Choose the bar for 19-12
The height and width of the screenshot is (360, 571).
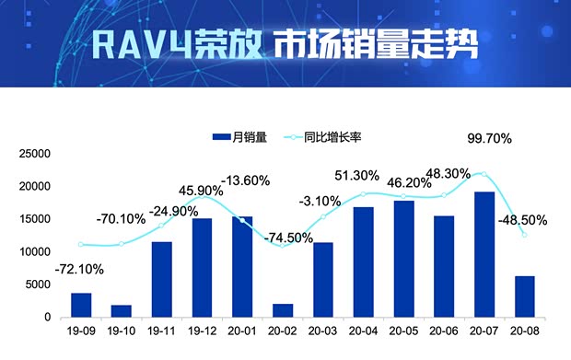pyautogui.click(x=202, y=268)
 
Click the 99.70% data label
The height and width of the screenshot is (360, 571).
pyautogui.click(x=489, y=138)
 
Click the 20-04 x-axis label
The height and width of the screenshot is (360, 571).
pyautogui.click(x=364, y=329)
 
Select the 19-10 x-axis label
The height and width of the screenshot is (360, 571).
pyautogui.click(x=122, y=329)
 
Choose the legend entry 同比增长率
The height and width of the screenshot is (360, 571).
pyautogui.click(x=322, y=137)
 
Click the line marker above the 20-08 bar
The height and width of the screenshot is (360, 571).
pyautogui.click(x=524, y=235)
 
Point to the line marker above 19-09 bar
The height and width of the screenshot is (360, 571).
pyautogui.click(x=81, y=244)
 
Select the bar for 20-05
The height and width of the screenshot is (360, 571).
pyautogui.click(x=403, y=259)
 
